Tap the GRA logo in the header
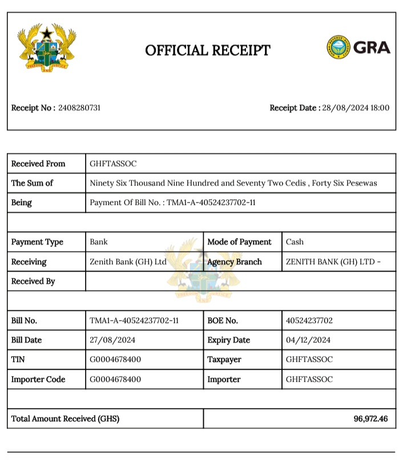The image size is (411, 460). tap(358, 47)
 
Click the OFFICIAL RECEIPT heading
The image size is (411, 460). tap(207, 50)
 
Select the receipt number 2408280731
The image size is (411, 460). tap(79, 108)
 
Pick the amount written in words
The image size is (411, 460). tap(233, 183)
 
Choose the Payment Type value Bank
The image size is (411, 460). tap(99, 242)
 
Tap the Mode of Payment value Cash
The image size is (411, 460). tap(295, 242)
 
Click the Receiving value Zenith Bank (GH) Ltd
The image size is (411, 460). tap(128, 262)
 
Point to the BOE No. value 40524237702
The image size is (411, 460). tap(309, 320)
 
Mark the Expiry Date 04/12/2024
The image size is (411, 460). tap(308, 340)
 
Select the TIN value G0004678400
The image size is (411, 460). tap(115, 360)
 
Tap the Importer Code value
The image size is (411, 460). tap(115, 380)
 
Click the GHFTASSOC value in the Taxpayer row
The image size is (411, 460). tap(309, 360)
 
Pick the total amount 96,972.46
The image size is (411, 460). tap(370, 419)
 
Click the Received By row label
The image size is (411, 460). tap(33, 281)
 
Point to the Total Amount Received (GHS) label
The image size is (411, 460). tap(66, 419)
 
